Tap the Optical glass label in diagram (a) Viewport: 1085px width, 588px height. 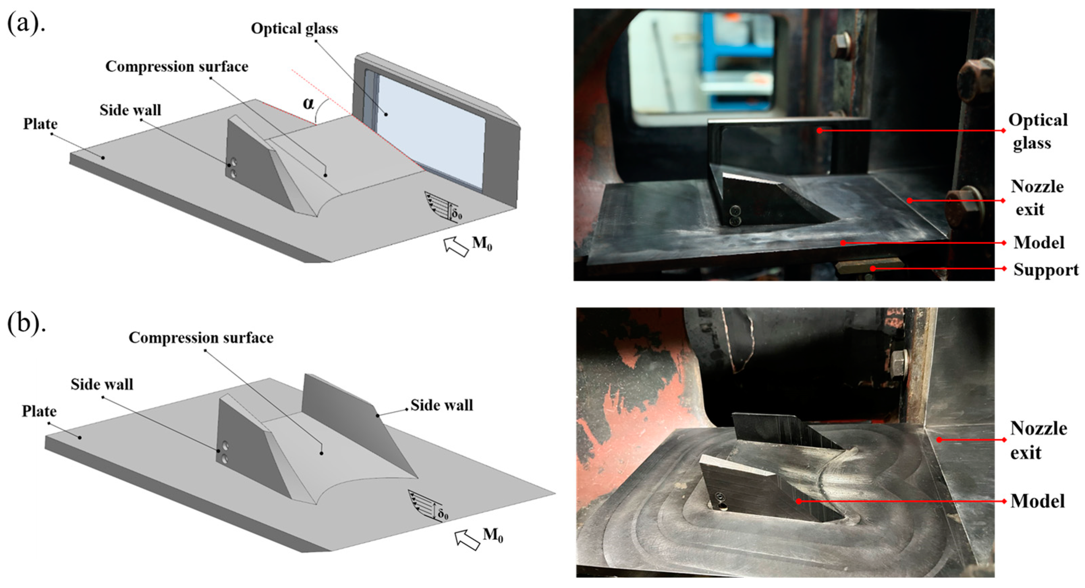[x=295, y=28]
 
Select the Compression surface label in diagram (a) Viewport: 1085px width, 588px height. [x=177, y=66]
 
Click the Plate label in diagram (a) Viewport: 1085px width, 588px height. [x=40, y=124]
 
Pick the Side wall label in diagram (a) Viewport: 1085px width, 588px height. [x=130, y=110]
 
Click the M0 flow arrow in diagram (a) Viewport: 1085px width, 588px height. [x=456, y=247]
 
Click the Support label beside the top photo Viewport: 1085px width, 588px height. [x=1046, y=270]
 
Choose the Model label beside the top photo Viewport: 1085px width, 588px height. [x=1039, y=243]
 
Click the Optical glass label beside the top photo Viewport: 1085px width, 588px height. [x=1038, y=132]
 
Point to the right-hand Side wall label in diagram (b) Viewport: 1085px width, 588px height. [x=442, y=405]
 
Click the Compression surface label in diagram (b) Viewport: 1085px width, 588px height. [x=201, y=338]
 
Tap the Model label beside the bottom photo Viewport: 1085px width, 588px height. [x=1037, y=502]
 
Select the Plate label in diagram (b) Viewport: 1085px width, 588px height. [x=39, y=411]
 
